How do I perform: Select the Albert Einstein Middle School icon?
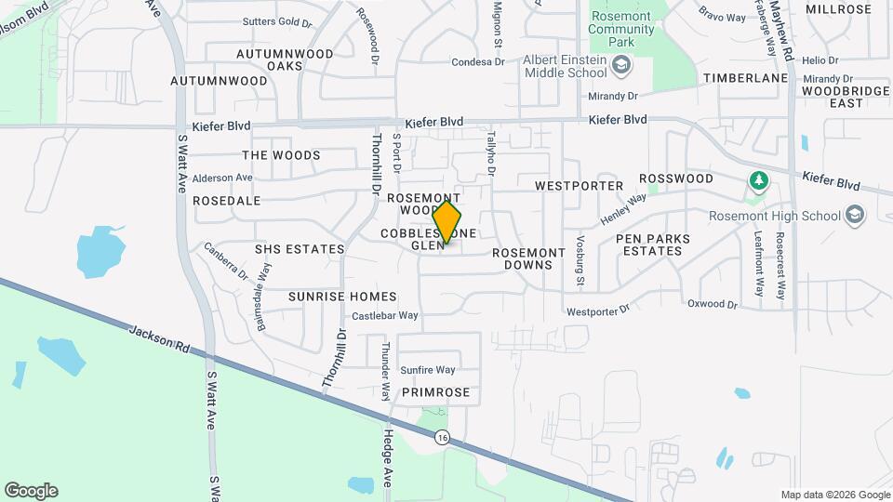click(x=621, y=65)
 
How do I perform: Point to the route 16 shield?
click(x=442, y=438)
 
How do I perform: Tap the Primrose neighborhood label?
click(x=436, y=392)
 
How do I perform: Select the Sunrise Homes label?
click(x=342, y=297)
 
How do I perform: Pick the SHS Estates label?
click(x=300, y=249)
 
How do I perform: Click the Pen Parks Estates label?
click(x=654, y=244)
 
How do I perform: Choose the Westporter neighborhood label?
click(x=580, y=186)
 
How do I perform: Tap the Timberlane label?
click(x=745, y=78)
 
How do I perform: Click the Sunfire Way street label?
click(x=428, y=370)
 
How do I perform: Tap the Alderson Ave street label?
click(x=223, y=178)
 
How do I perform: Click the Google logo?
click(x=31, y=491)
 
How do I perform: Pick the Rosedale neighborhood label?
click(x=226, y=201)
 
